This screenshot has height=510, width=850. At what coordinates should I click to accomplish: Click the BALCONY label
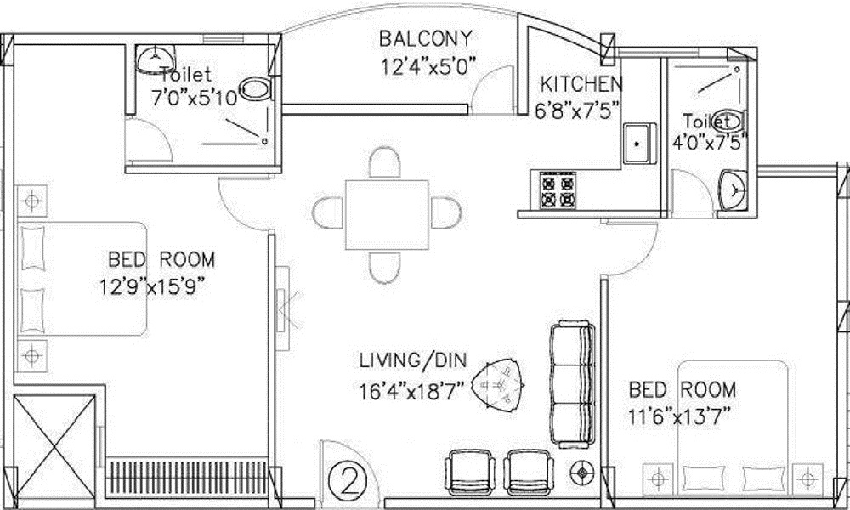(425, 39)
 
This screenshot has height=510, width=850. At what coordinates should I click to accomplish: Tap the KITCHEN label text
(582, 84)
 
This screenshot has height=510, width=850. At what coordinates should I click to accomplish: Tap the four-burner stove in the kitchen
(556, 190)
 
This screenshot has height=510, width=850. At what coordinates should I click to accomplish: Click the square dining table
(385, 213)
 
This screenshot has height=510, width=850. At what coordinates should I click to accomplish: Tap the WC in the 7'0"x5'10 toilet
(255, 88)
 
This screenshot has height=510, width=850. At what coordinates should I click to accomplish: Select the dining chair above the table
(385, 163)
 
